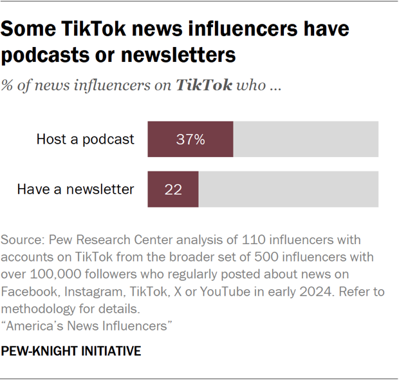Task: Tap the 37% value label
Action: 190,139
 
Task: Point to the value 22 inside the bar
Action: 173,189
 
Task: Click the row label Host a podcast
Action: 85,139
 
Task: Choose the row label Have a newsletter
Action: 75,189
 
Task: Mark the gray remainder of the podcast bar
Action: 306,139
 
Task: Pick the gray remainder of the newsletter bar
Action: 288,189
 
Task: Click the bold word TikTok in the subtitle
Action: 204,86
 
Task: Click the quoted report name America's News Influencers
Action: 87,327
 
